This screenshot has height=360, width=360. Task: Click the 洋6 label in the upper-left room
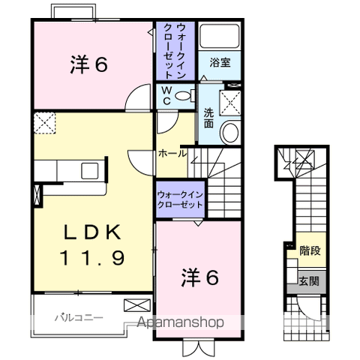coord(89,65)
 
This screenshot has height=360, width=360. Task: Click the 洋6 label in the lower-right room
coord(200,278)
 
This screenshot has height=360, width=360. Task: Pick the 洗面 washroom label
coord(208,118)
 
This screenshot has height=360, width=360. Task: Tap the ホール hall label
coord(172,153)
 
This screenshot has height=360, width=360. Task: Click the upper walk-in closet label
coord(175,51)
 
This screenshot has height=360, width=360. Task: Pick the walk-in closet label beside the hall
coord(181,200)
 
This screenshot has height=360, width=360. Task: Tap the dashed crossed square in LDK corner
coord(46,123)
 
